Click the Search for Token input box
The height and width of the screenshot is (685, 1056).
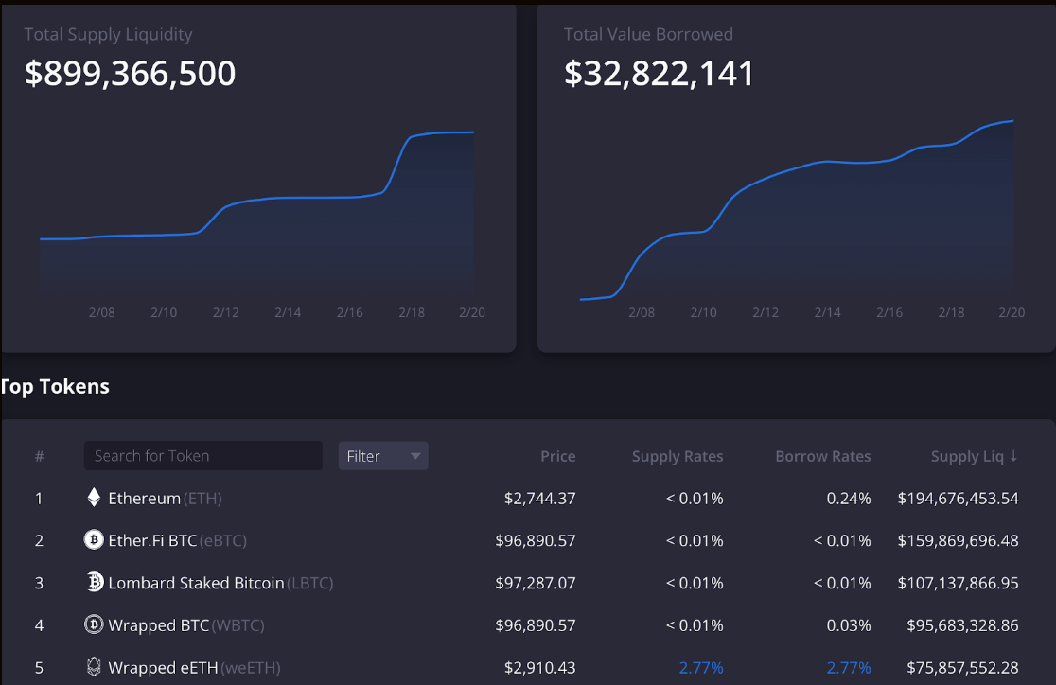pyautogui.click(x=202, y=456)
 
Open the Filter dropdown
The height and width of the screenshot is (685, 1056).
pyautogui.click(x=382, y=456)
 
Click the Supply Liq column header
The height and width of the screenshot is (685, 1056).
pyautogui.click(x=974, y=456)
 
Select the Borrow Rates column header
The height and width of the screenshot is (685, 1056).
pyautogui.click(x=822, y=456)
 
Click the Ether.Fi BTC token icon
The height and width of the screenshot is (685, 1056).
pyautogui.click(x=94, y=540)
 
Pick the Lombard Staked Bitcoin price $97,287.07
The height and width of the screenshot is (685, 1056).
pyautogui.click(x=535, y=583)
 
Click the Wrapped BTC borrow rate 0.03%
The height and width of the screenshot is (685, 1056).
pyautogui.click(x=848, y=625)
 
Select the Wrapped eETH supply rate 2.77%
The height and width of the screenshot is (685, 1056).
pyautogui.click(x=700, y=668)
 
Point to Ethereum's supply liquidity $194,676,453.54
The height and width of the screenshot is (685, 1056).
pyautogui.click(x=958, y=498)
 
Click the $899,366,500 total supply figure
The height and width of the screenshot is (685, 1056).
pyautogui.click(x=130, y=74)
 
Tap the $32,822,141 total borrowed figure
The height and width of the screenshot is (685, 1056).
pyautogui.click(x=659, y=74)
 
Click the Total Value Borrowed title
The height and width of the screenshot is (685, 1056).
pyautogui.click(x=648, y=35)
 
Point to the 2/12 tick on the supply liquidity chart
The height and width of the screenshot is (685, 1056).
pyautogui.click(x=225, y=312)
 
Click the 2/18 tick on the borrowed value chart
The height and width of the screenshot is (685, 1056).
pyautogui.click(x=951, y=312)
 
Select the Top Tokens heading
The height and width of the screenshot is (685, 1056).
pyautogui.click(x=55, y=387)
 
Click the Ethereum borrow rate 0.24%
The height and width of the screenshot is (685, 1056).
pyautogui.click(x=848, y=498)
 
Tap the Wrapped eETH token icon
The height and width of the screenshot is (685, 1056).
pyautogui.click(x=94, y=668)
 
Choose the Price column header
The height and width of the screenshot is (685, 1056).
pyautogui.click(x=557, y=456)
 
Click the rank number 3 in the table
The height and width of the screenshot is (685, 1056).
pyautogui.click(x=39, y=583)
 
